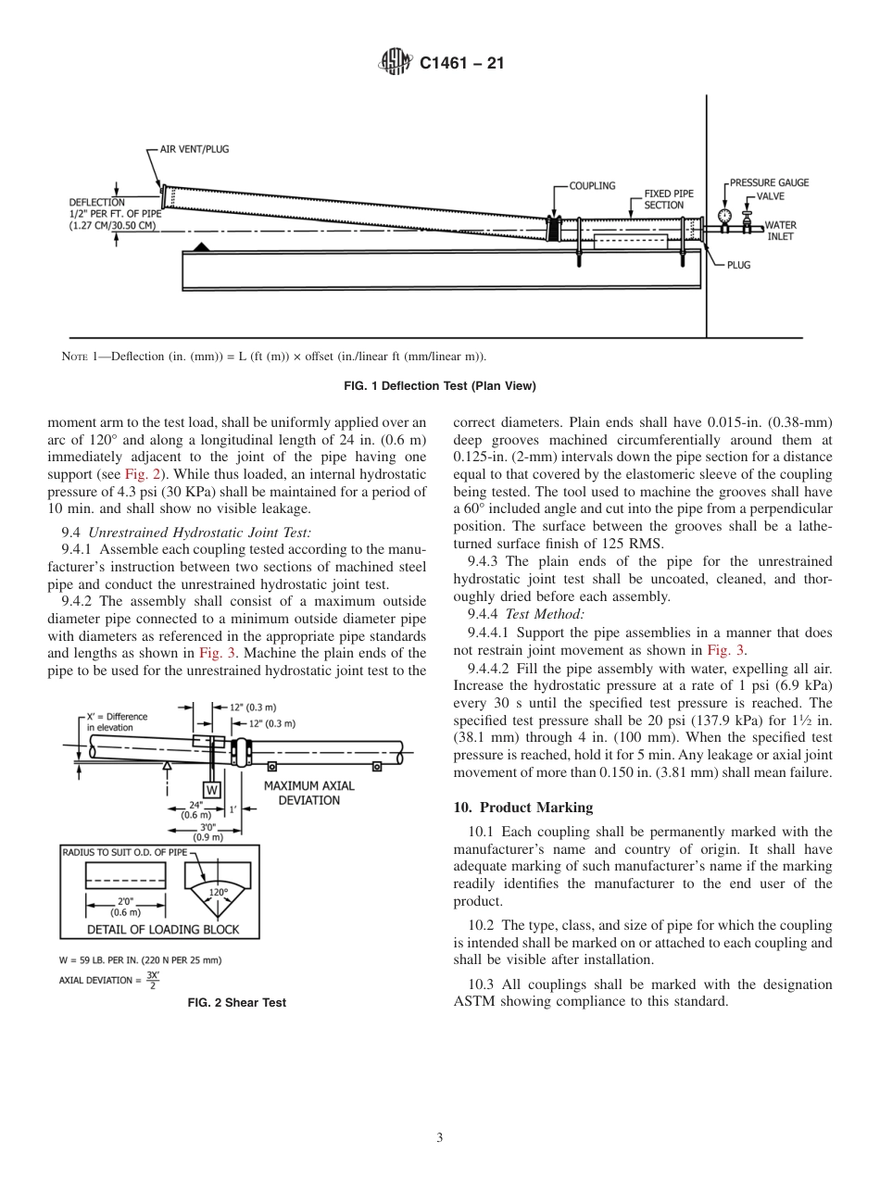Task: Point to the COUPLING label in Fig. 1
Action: tap(592, 186)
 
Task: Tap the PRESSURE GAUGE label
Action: tap(769, 183)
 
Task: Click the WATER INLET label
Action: tap(780, 231)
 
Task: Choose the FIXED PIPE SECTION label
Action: tap(664, 200)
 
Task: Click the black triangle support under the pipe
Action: tap(200, 247)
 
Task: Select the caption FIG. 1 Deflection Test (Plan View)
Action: tap(439, 385)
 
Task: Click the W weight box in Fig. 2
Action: tap(212, 790)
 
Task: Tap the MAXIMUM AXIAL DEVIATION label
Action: tap(308, 793)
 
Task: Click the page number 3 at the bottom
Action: tap(439, 1137)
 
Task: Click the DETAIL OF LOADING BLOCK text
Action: tap(163, 929)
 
